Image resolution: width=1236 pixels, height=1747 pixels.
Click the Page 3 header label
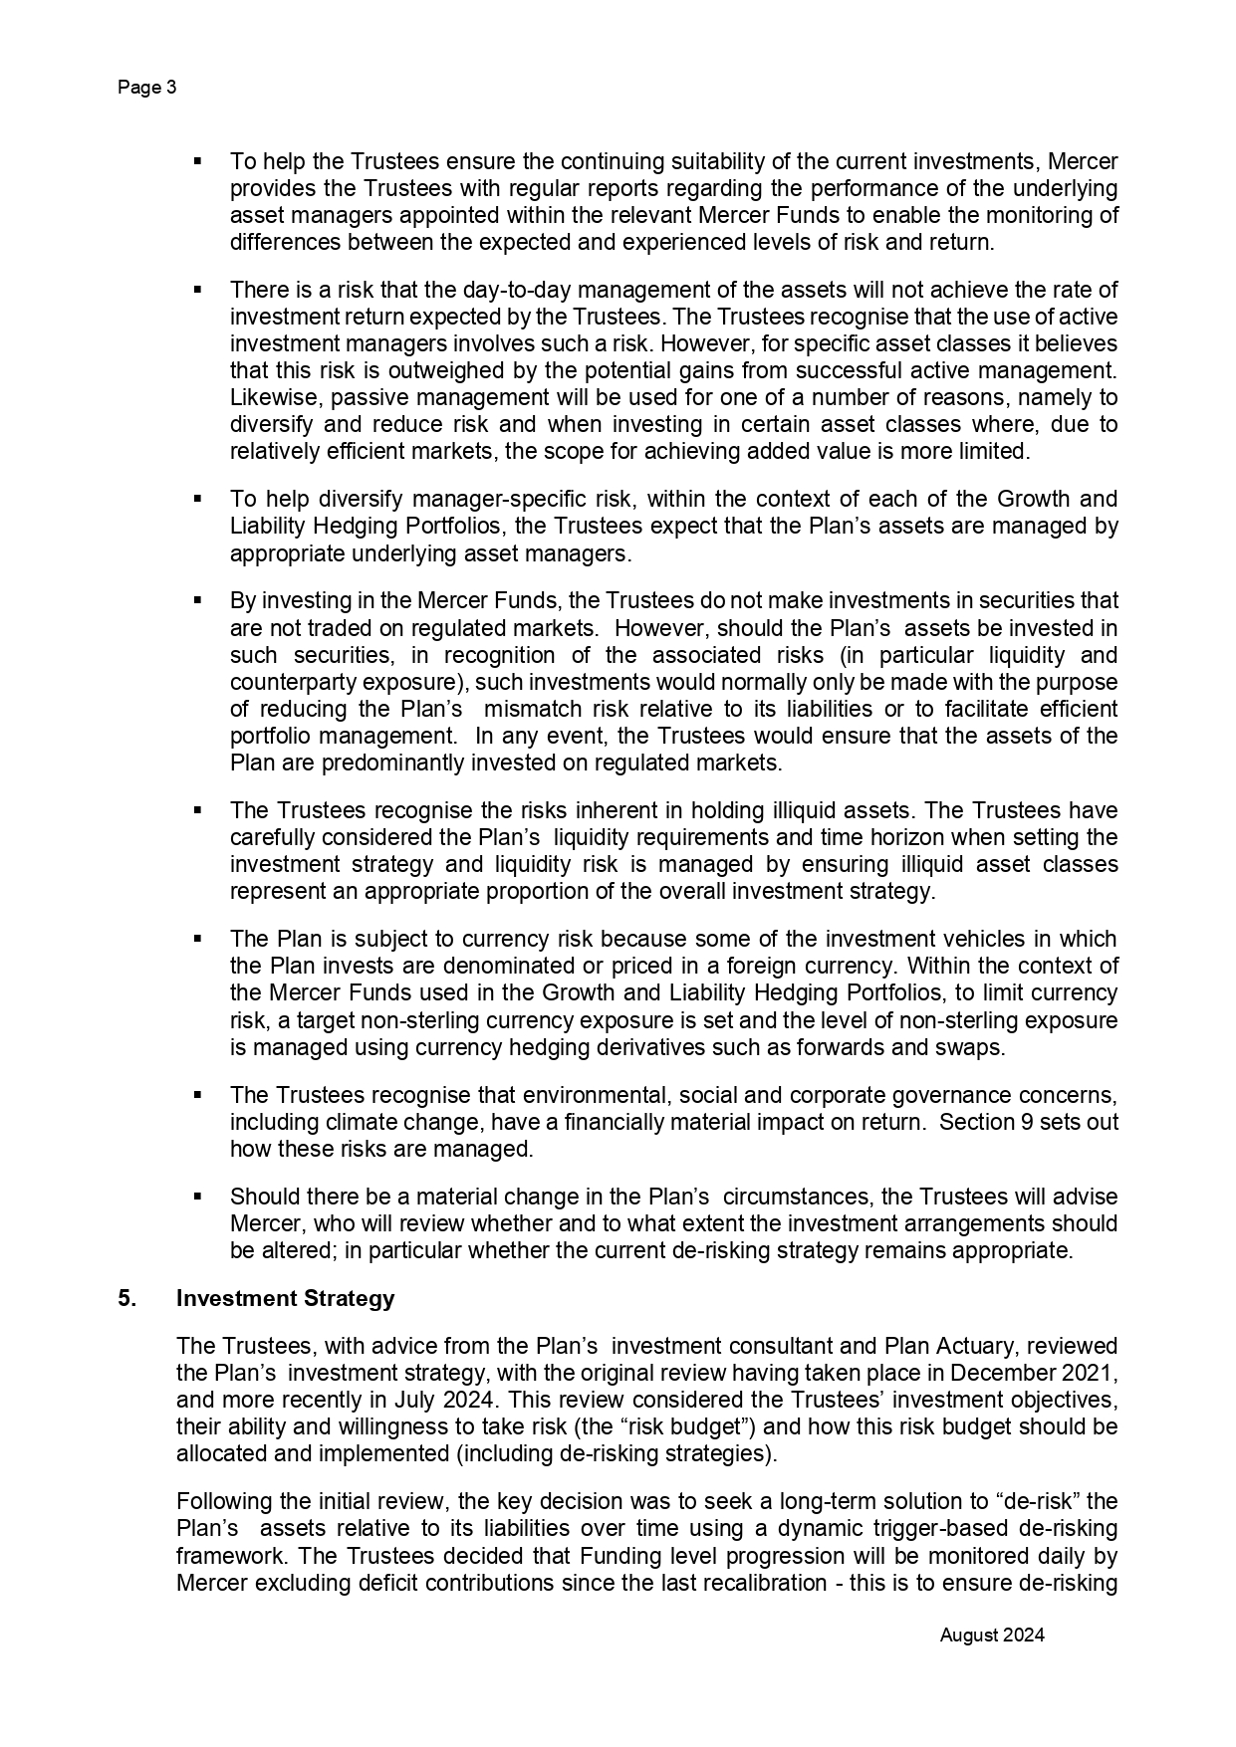click(x=147, y=88)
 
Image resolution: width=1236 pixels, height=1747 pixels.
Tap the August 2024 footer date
click(x=992, y=1635)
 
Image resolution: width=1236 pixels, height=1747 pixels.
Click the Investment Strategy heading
click(x=285, y=1298)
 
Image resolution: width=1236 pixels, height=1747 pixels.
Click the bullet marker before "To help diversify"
click(x=197, y=498)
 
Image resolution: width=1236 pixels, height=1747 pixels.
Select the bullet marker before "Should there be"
click(x=197, y=1196)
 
